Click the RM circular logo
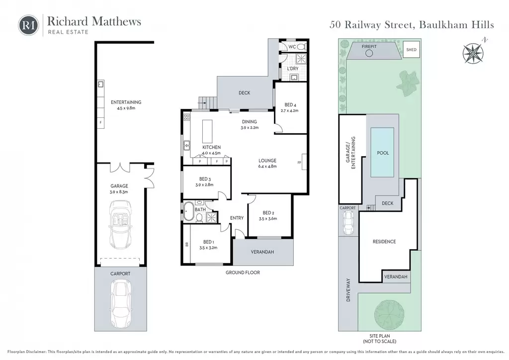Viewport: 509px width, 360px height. [28, 25]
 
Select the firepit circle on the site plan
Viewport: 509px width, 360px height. [369, 53]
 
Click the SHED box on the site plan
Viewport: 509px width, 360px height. [411, 50]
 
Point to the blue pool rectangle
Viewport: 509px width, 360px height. [383, 152]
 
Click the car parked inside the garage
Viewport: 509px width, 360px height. [120, 225]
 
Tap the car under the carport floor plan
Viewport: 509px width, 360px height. [120, 304]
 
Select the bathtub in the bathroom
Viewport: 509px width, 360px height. [188, 212]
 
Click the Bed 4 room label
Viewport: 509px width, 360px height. [290, 105]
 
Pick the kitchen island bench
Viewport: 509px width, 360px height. [207, 131]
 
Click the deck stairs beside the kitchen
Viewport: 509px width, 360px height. [207, 103]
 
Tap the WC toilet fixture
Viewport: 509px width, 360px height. [301, 47]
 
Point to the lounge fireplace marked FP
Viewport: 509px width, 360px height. [304, 162]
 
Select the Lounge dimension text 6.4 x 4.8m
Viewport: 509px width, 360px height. [267, 166]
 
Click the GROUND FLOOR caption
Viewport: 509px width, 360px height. [243, 272]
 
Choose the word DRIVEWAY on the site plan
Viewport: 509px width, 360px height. [348, 290]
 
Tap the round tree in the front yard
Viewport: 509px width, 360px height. [390, 314]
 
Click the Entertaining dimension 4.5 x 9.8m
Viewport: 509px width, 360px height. [126, 108]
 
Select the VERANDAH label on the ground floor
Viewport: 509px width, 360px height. [262, 252]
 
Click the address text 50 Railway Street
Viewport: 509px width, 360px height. [371, 25]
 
